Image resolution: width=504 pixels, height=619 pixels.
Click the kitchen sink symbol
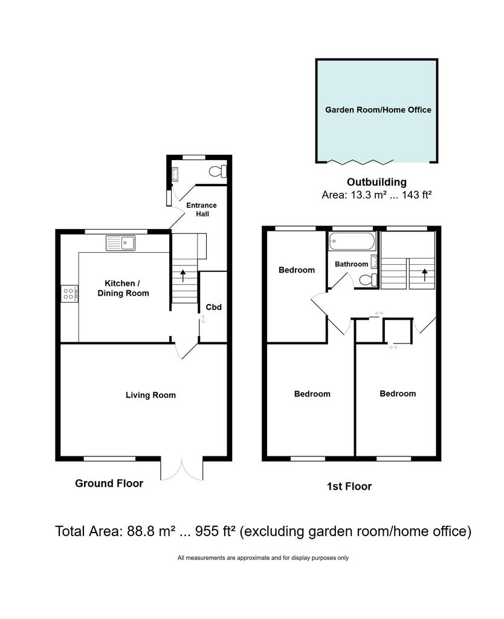(120, 243)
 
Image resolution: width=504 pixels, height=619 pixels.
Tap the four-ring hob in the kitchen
(69, 294)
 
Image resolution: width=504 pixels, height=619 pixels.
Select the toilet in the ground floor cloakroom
(218, 171)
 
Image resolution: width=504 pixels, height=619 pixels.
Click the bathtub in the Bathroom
(352, 241)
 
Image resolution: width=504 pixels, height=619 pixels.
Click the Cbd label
(213, 307)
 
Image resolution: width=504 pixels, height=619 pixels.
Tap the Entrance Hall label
(202, 210)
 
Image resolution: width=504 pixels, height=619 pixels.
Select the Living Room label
(150, 395)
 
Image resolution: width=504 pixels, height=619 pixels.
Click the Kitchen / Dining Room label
(123, 288)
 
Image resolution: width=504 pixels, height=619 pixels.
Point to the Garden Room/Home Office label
(378, 110)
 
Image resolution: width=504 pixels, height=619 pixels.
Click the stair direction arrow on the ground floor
(183, 276)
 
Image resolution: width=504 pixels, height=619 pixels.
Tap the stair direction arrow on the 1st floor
(425, 275)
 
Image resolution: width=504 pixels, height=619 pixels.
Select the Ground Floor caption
(109, 484)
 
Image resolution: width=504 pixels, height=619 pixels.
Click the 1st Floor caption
(349, 487)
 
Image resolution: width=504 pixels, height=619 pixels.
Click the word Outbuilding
(376, 182)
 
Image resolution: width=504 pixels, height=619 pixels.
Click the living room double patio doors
(181, 470)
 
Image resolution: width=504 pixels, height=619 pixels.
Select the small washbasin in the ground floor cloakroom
(175, 174)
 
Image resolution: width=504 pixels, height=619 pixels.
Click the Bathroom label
(351, 264)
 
